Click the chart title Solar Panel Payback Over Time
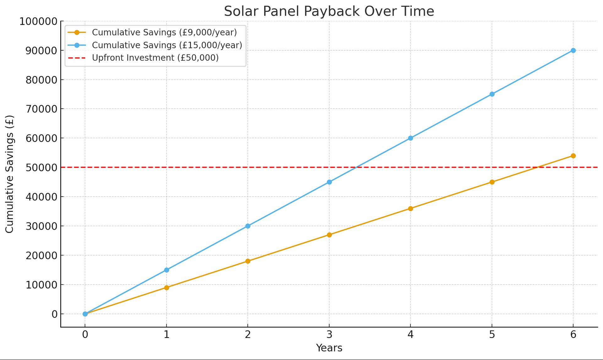pyautogui.click(x=329, y=11)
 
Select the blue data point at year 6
pyautogui.click(x=573, y=50)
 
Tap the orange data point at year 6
pyautogui.click(x=573, y=156)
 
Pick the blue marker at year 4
pyautogui.click(x=410, y=138)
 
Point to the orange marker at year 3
pyautogui.click(x=329, y=235)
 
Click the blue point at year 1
pyautogui.click(x=166, y=270)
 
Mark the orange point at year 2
pyautogui.click(x=248, y=261)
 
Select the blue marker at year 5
pyautogui.click(x=492, y=94)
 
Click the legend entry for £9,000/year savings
pyautogui.click(x=164, y=32)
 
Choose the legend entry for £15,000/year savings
pyautogui.click(x=167, y=45)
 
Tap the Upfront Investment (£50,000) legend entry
pyautogui.click(x=155, y=58)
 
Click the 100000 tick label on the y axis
pyautogui.click(x=39, y=21)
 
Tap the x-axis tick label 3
pyautogui.click(x=329, y=335)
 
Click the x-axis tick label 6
pyautogui.click(x=573, y=335)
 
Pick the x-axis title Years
pyautogui.click(x=329, y=348)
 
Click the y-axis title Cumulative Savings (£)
pyautogui.click(x=9, y=174)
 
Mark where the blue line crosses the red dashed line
pyautogui.click(x=356, y=167)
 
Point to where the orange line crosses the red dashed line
pyautogui.click(x=537, y=167)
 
